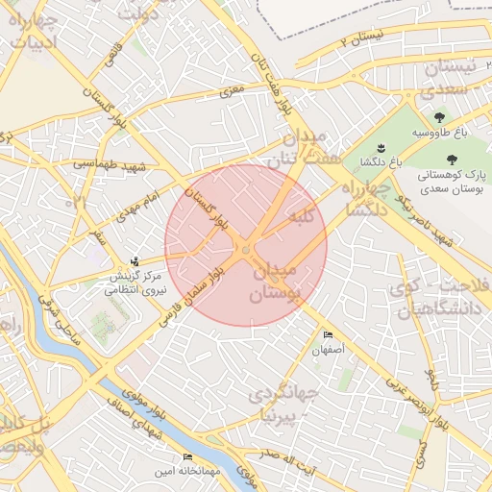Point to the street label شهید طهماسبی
point(108,165)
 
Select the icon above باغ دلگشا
point(381,146)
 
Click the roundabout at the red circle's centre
point(246,250)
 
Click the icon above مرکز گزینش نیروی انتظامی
point(135,260)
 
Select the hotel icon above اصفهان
point(329,335)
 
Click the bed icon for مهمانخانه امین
point(187,456)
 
